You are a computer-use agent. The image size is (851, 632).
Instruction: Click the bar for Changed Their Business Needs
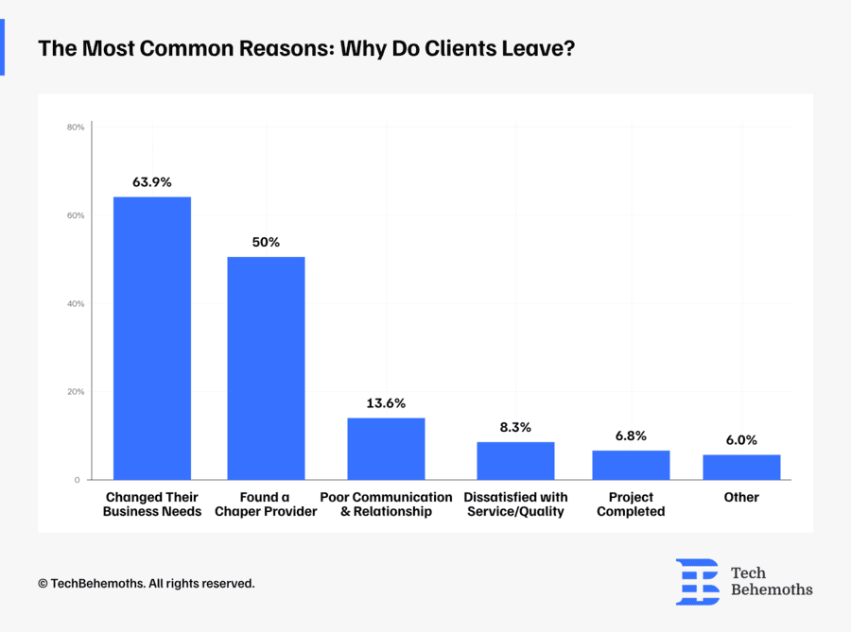pyautogui.click(x=152, y=338)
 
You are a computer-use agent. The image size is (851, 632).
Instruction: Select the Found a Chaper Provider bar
pyautogui.click(x=266, y=368)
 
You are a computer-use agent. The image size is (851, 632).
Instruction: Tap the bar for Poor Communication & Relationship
pyautogui.click(x=386, y=449)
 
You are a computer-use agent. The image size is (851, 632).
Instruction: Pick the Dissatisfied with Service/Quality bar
pyautogui.click(x=515, y=461)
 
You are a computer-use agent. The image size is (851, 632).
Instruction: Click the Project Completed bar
pyautogui.click(x=631, y=465)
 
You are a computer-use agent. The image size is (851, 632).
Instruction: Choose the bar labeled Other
pyautogui.click(x=741, y=467)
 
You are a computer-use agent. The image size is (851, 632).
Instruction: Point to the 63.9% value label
pyautogui.click(x=152, y=182)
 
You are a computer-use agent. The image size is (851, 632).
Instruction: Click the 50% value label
pyautogui.click(x=266, y=242)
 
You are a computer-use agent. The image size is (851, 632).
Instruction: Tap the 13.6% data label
pyautogui.click(x=386, y=403)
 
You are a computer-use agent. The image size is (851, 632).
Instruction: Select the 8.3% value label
pyautogui.click(x=515, y=427)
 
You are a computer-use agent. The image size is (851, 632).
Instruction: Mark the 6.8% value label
pyautogui.click(x=631, y=436)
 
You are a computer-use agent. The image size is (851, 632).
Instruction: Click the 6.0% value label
pyautogui.click(x=741, y=440)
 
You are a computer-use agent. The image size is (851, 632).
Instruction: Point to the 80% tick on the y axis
pyautogui.click(x=77, y=127)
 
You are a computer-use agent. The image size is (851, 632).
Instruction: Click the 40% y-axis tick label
pyautogui.click(x=77, y=303)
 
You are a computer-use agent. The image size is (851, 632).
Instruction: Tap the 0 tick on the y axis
pyautogui.click(x=78, y=480)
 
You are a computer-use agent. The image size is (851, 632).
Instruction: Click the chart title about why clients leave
pyautogui.click(x=305, y=47)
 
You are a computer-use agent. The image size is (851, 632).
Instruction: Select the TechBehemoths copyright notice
pyautogui.click(x=147, y=584)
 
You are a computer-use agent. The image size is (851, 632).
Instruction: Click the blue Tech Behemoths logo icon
pyautogui.click(x=697, y=581)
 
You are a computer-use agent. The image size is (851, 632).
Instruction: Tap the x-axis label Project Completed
pyautogui.click(x=631, y=504)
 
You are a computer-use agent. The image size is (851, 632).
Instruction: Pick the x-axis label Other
pyautogui.click(x=741, y=497)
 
